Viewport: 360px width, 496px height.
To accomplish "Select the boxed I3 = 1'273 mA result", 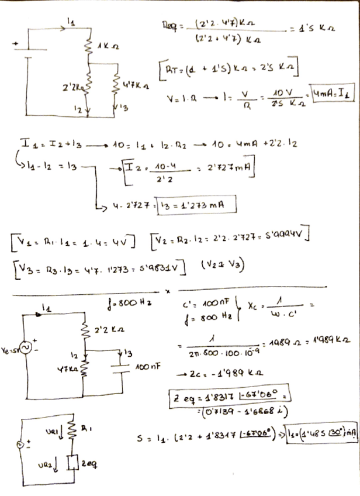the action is [x=197, y=206].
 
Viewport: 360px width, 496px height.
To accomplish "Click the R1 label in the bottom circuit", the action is [x=89, y=433].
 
